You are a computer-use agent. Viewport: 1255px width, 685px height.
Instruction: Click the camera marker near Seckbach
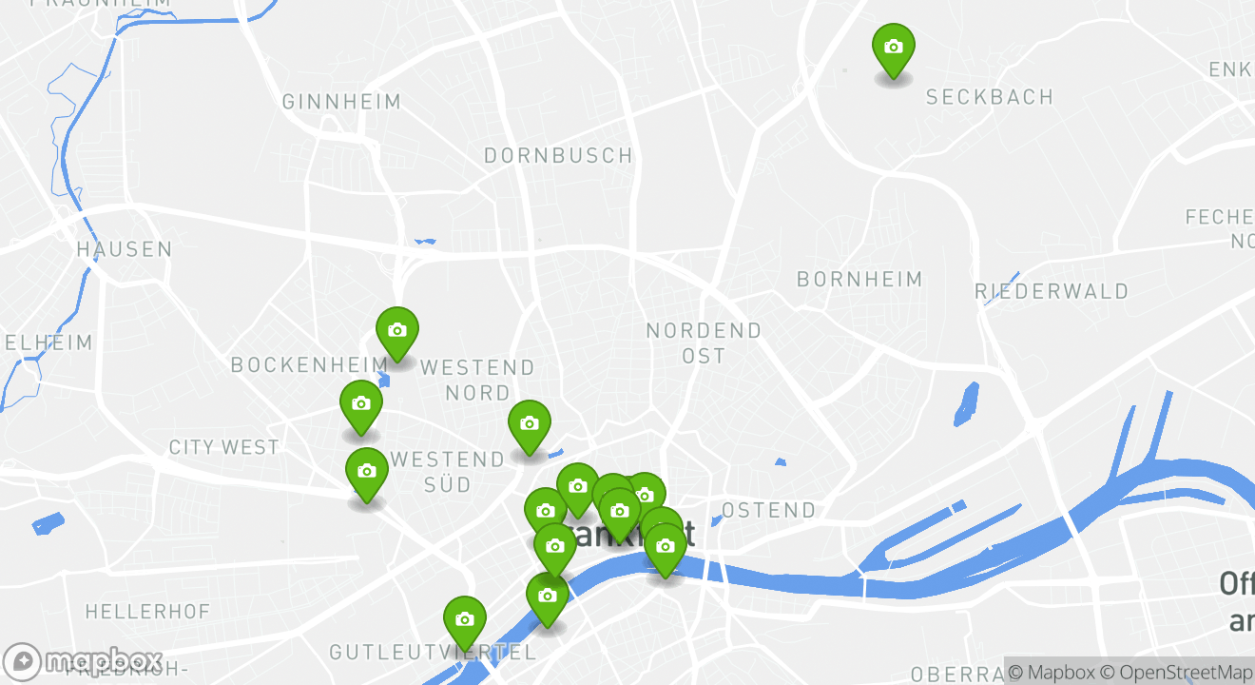click(x=893, y=49)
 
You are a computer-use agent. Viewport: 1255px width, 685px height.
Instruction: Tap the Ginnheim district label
click(x=341, y=102)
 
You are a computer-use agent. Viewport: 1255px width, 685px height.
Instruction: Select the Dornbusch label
click(x=558, y=155)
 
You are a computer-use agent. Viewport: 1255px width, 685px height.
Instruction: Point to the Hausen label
click(x=125, y=250)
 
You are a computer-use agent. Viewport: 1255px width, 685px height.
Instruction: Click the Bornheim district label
click(x=859, y=280)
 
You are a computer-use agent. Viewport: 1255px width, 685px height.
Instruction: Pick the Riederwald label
click(x=1052, y=291)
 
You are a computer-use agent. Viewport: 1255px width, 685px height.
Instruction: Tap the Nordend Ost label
click(x=704, y=342)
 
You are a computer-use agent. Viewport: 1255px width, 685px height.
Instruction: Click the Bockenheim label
click(x=309, y=364)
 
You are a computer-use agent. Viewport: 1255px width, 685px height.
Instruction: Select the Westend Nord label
click(x=477, y=379)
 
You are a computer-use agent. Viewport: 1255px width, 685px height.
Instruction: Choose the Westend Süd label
click(x=448, y=471)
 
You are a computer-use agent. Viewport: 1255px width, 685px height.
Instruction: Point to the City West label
click(x=224, y=447)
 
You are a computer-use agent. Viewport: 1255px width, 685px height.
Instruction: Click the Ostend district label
click(x=768, y=511)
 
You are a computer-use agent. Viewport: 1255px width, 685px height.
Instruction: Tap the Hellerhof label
click(x=147, y=611)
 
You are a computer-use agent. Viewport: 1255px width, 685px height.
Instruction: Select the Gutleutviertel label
click(x=433, y=653)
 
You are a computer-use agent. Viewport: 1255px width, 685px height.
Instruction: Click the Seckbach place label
click(x=990, y=97)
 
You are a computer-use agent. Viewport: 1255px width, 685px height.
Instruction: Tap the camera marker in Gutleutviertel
click(x=464, y=620)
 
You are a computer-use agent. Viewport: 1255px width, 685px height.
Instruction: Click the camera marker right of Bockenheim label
click(x=397, y=332)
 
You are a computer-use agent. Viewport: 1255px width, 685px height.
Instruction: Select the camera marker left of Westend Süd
click(x=366, y=472)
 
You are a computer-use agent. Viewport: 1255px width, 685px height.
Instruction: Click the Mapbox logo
click(x=84, y=661)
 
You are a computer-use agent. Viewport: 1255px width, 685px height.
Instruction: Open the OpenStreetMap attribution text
click(x=1177, y=672)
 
